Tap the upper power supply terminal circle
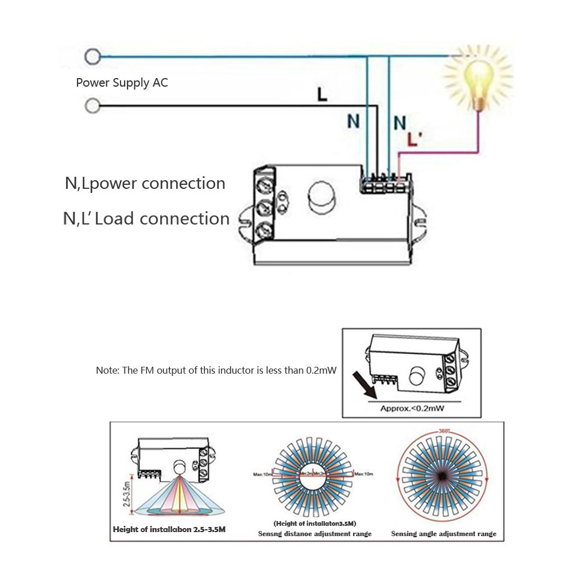92,56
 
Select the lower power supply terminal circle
92,106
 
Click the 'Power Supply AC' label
122,83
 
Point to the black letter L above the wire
323,95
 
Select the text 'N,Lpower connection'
145,184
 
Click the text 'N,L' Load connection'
146,219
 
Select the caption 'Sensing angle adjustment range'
444,534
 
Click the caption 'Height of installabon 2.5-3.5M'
169,529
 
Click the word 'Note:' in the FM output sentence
107,371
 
